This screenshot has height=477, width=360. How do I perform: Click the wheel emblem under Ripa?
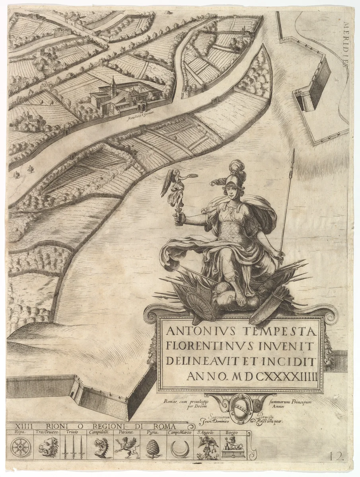[19, 448]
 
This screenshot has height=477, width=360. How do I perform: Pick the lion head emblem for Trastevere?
[46, 448]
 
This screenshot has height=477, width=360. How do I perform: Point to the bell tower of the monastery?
[114, 85]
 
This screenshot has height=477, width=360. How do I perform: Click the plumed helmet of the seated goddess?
[232, 177]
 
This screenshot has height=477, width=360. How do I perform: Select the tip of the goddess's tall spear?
[293, 152]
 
